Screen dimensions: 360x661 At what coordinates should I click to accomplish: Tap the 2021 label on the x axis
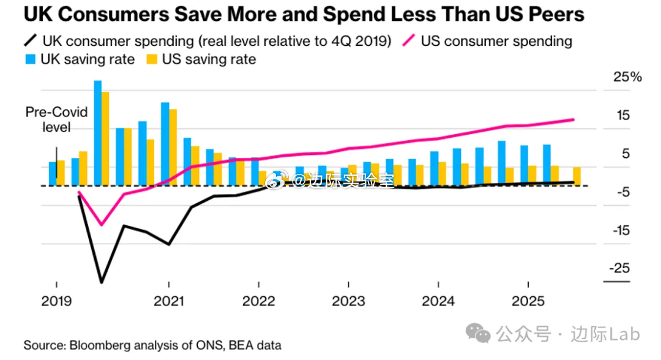coord(168,301)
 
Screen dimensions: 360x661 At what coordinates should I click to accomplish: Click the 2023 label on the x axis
coord(348,301)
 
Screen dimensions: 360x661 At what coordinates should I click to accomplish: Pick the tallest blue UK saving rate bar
coord(98,132)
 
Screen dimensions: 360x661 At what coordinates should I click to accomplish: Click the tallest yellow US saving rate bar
coord(105,138)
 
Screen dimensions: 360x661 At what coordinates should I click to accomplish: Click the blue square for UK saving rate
coord(30,59)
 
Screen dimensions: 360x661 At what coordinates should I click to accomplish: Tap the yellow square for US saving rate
coord(151,59)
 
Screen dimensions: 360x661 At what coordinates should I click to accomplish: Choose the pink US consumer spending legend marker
coord(409,41)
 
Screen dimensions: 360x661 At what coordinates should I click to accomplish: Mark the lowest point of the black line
coord(101,282)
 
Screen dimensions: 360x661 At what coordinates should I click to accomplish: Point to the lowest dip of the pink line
coord(101,224)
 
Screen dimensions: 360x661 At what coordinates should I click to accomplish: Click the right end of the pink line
coord(573,119)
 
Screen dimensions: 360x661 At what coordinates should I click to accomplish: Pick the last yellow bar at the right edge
coord(577,176)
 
